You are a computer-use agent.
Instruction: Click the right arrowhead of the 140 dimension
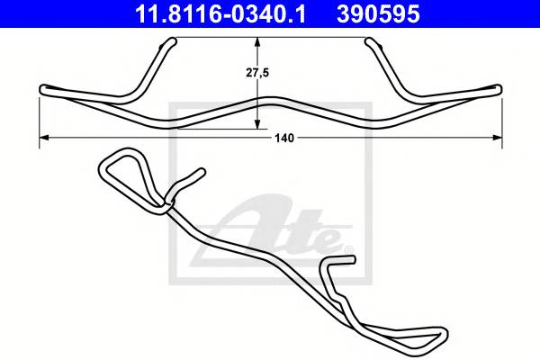pyautogui.click(x=497, y=138)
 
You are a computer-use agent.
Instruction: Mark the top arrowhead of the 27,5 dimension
pyautogui.click(x=258, y=42)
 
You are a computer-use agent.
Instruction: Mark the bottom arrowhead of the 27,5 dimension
pyautogui.click(x=258, y=123)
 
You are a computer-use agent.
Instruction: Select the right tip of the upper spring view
pyautogui.click(x=498, y=88)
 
